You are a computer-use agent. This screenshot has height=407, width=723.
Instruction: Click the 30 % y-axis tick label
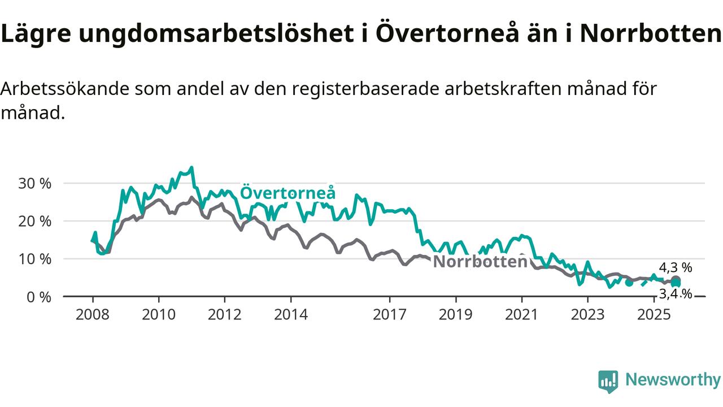(x=36, y=184)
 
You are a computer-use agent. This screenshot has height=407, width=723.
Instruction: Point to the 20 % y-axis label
(x=36, y=221)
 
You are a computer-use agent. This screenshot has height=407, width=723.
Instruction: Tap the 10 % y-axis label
(x=36, y=259)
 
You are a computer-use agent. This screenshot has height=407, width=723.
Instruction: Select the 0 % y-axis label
(x=39, y=297)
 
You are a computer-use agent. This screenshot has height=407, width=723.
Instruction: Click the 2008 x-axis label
(x=93, y=314)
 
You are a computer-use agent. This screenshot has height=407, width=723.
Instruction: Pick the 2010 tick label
(x=159, y=314)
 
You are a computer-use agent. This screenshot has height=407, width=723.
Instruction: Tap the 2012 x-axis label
(x=225, y=314)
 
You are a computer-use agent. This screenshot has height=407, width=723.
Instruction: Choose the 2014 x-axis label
(x=291, y=314)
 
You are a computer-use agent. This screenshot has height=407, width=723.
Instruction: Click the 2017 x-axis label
(x=390, y=314)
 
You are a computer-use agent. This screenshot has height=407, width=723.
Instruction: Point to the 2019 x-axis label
(x=456, y=314)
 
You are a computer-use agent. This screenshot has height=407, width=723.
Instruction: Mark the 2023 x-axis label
(x=587, y=314)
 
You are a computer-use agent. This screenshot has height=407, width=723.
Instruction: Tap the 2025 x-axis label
(x=654, y=314)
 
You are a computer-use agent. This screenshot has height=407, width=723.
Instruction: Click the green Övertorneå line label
(x=288, y=193)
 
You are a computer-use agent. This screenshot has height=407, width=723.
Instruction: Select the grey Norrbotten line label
(x=480, y=262)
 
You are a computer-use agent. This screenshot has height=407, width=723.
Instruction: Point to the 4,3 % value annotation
(x=675, y=268)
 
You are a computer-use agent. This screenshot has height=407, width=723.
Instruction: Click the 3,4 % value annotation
(x=675, y=293)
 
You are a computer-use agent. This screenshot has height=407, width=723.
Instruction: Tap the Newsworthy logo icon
(x=608, y=382)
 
